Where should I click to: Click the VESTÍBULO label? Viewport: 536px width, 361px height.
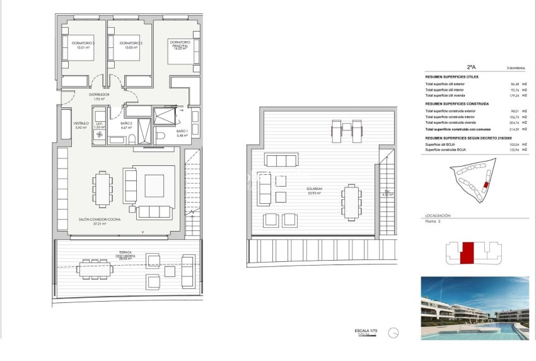pyautogui.click(x=81, y=125)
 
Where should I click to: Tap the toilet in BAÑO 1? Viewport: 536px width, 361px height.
pyautogui.click(x=160, y=137)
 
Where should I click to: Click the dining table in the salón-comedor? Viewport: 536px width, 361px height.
pyautogui.click(x=102, y=187)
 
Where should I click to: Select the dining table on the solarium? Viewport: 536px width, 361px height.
pyautogui.click(x=351, y=201)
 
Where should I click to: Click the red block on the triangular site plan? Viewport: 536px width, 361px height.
pyautogui.click(x=485, y=185)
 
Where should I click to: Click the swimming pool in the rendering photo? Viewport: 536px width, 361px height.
pyautogui.click(x=492, y=328)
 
